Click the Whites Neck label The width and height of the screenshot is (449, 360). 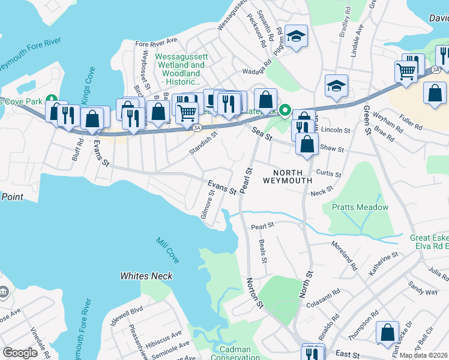(146, 276)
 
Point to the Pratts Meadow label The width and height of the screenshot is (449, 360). (360, 208)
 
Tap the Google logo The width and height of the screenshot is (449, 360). (20, 353)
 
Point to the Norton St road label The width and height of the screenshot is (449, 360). (253, 293)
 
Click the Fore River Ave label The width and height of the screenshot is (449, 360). (156, 43)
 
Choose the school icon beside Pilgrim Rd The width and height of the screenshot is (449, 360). (296, 37)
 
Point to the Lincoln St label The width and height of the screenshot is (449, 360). (336, 130)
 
